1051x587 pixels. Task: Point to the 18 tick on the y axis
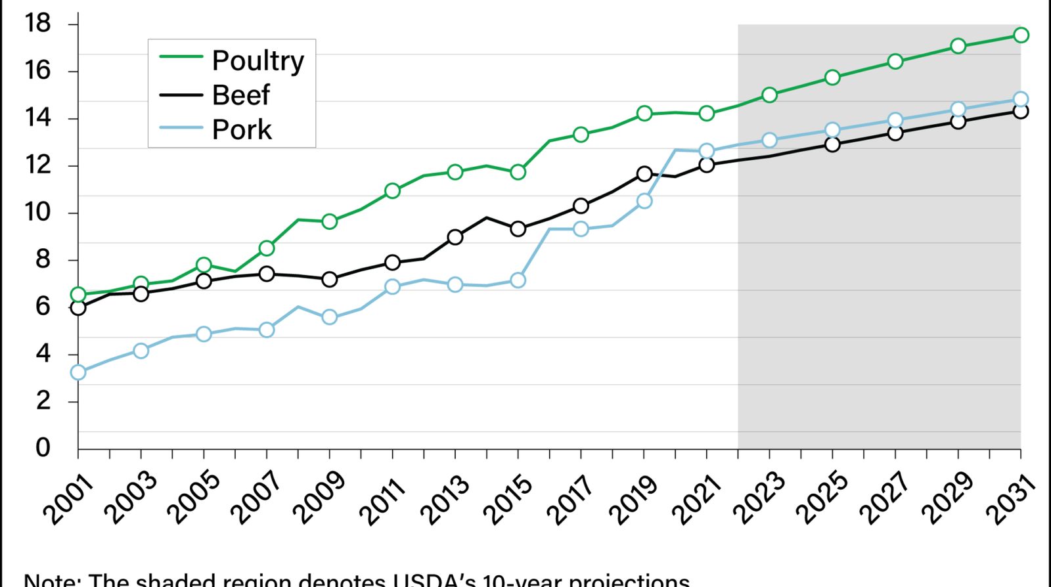click(x=37, y=24)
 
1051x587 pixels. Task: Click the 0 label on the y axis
click(x=43, y=448)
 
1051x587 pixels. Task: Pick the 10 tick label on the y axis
click(x=37, y=212)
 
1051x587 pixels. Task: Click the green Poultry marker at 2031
click(x=1021, y=35)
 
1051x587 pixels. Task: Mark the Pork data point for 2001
click(x=78, y=372)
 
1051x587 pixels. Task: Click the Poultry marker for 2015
click(x=518, y=172)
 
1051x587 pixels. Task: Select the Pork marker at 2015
click(x=518, y=280)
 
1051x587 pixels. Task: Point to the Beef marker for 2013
click(x=455, y=237)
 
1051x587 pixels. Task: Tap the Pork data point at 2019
click(x=644, y=201)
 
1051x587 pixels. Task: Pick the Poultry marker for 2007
click(x=267, y=248)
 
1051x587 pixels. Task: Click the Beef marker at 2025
click(x=832, y=144)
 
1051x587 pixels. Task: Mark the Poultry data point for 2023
click(x=769, y=95)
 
